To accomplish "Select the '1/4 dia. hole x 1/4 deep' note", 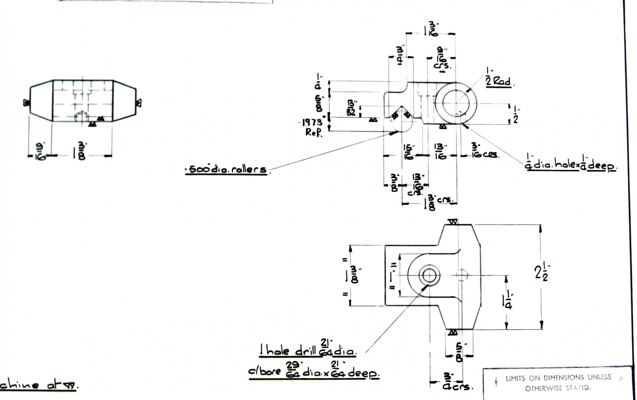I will [570, 166].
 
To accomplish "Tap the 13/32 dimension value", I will [352, 107].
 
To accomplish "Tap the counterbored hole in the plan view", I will [429, 275].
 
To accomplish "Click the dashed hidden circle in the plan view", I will [462, 275].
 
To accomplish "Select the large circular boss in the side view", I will [456, 103].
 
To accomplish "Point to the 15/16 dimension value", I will [408, 152].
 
